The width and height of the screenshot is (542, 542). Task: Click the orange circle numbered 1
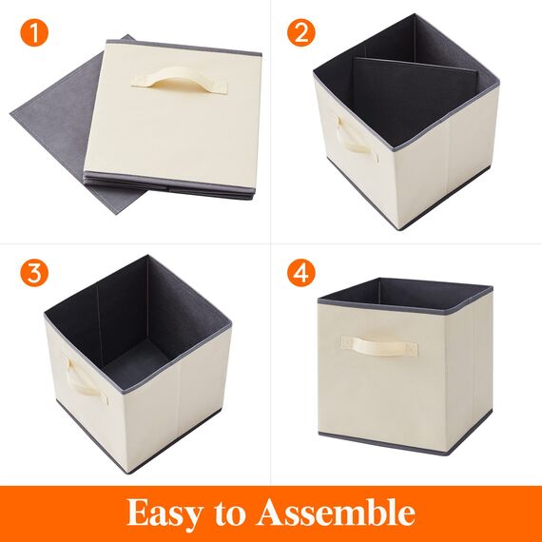click(34, 36)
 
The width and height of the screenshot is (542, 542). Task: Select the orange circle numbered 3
click(34, 274)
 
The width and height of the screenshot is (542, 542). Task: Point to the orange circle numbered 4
click(301, 274)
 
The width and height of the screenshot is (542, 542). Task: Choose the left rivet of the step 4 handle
click(348, 342)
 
